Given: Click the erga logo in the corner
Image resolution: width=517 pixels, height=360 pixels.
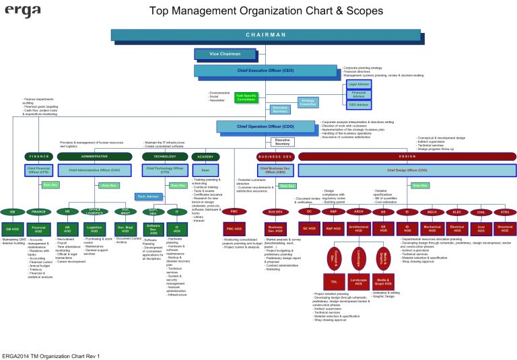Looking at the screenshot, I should [23, 11].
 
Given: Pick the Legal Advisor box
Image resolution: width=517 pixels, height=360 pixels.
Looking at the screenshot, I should [359, 84].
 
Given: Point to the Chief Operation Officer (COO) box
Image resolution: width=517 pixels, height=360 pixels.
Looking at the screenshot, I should [265, 126].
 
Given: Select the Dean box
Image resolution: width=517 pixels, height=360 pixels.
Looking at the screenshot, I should [205, 170].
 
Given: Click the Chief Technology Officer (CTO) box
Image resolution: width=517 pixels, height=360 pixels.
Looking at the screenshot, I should [164, 170].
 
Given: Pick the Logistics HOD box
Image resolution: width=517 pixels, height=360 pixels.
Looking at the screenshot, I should [93, 229].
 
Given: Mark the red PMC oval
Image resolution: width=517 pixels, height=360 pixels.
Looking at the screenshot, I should [234, 211].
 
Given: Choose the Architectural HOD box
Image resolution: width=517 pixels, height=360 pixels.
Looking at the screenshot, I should [358, 229].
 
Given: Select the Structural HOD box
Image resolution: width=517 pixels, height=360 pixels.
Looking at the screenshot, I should [505, 229].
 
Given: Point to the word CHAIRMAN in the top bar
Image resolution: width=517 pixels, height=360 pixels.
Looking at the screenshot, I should [265, 34].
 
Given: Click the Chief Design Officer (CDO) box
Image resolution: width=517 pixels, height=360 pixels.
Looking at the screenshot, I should [407, 170].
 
